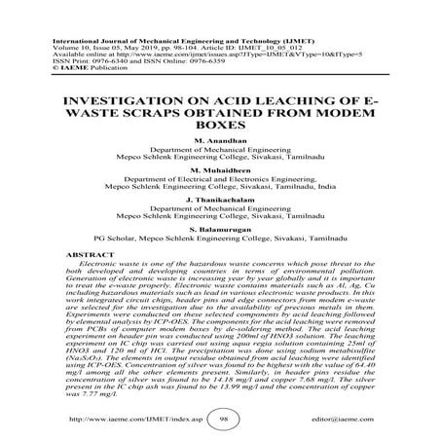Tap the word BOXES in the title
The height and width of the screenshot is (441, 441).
click(220, 96)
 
